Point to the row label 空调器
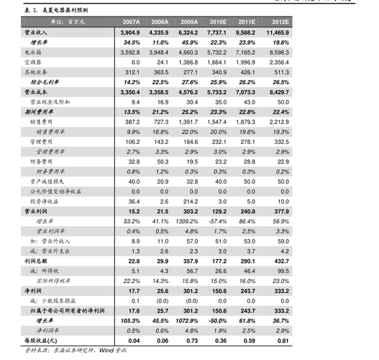click(x=35, y=63)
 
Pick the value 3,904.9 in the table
click(x=130, y=33)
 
